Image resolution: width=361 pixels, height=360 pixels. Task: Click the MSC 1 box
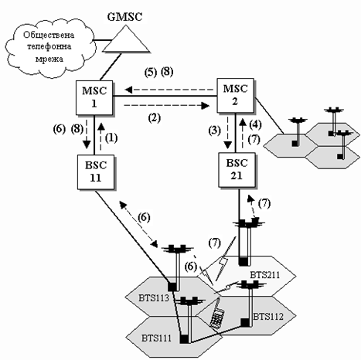click(94, 97)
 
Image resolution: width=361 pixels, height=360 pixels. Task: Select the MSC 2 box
click(235, 96)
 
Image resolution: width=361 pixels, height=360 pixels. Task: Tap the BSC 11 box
click(96, 172)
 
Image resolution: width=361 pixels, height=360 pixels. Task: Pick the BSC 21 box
click(237, 170)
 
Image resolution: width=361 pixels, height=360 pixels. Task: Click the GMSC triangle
click(126, 41)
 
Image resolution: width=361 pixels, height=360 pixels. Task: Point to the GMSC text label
click(125, 17)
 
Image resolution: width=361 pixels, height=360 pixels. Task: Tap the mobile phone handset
click(217, 314)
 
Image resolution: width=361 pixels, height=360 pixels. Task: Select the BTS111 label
click(156, 338)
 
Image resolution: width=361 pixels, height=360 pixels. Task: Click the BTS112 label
click(268, 317)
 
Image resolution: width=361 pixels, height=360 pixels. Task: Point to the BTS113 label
click(154, 298)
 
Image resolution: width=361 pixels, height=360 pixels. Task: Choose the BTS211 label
click(264, 275)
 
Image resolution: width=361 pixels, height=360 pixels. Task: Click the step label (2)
click(154, 118)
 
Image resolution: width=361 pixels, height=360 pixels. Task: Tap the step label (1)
click(111, 138)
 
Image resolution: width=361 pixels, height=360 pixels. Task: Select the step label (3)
click(215, 131)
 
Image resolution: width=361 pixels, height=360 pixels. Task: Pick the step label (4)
click(255, 125)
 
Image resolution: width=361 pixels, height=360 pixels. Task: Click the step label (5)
click(151, 73)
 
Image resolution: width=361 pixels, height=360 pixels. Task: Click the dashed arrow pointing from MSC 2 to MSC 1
click(169, 90)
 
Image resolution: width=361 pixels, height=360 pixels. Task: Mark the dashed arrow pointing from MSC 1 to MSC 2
click(166, 105)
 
